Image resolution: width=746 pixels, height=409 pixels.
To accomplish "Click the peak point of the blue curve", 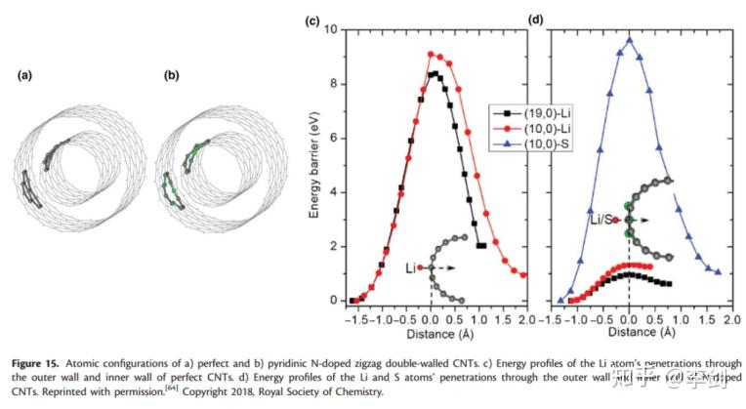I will pos(629,40).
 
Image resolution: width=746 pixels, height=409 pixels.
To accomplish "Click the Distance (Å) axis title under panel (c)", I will pos(434,333).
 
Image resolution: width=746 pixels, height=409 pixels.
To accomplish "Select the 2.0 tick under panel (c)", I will pos(526,317).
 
